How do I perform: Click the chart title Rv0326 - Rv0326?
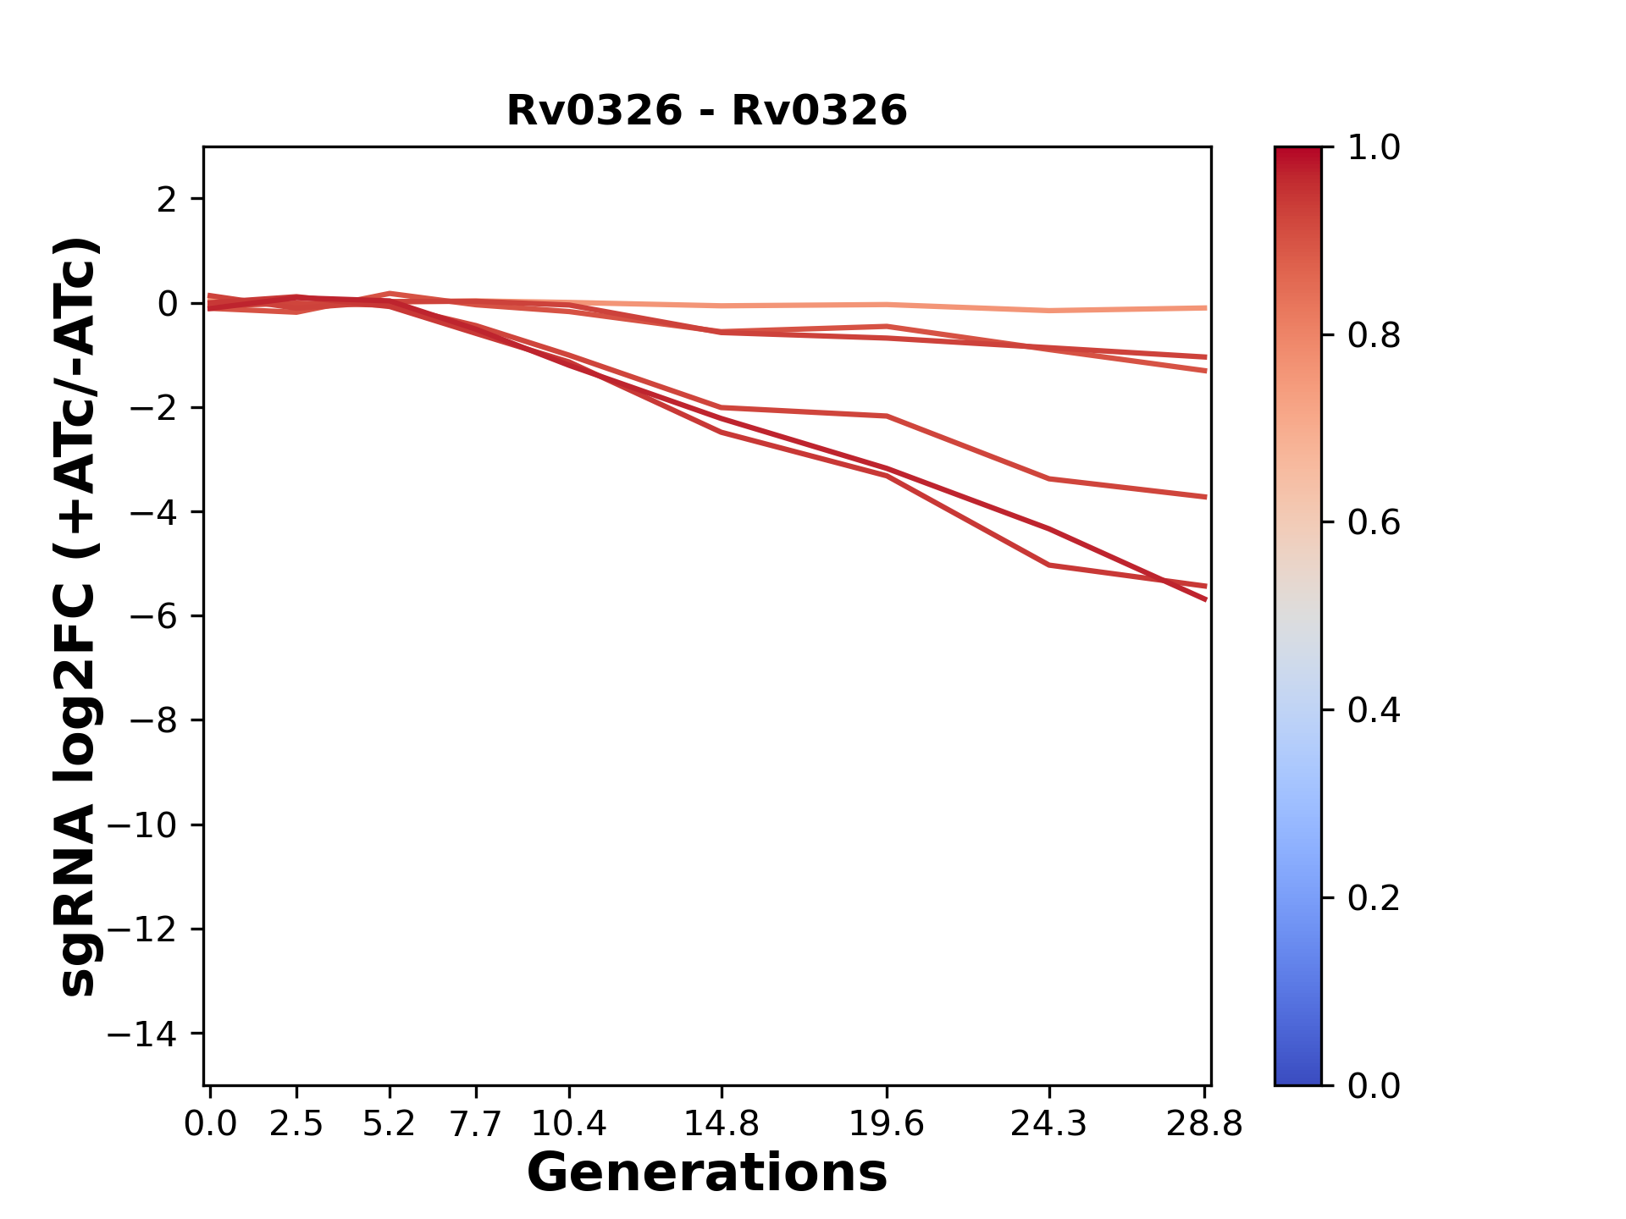pyautogui.click(x=706, y=111)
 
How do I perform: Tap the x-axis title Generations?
pyautogui.click(x=706, y=1173)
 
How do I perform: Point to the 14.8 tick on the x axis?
pyautogui.click(x=721, y=1124)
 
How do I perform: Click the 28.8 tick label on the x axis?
pyautogui.click(x=1204, y=1124)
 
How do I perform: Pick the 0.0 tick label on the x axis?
pyautogui.click(x=210, y=1124)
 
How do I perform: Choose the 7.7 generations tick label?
pyautogui.click(x=476, y=1124)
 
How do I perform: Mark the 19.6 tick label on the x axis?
pyautogui.click(x=886, y=1124)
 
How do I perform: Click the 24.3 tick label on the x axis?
pyautogui.click(x=1049, y=1124)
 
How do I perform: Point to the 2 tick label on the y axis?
pyautogui.click(x=167, y=199)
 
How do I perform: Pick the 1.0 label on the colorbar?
pyautogui.click(x=1374, y=147)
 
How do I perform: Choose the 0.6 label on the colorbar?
pyautogui.click(x=1374, y=522)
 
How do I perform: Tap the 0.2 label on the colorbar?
pyautogui.click(x=1374, y=897)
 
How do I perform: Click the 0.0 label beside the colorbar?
pyautogui.click(x=1374, y=1085)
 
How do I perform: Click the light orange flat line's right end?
pyautogui.click(x=1203, y=308)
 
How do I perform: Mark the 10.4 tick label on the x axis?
pyautogui.click(x=568, y=1124)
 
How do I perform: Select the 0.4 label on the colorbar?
pyautogui.click(x=1374, y=709)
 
